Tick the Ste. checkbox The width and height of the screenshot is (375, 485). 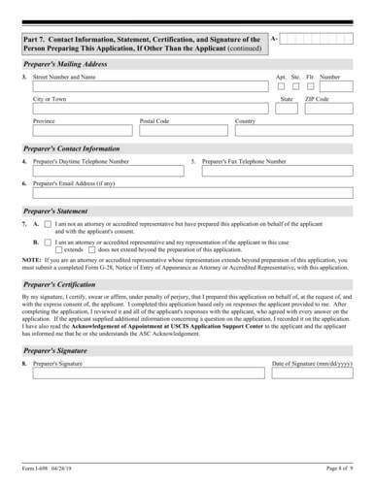tap(294, 85)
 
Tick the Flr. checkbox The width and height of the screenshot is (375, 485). tap(309, 85)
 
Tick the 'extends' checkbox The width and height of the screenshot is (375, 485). tap(59, 249)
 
